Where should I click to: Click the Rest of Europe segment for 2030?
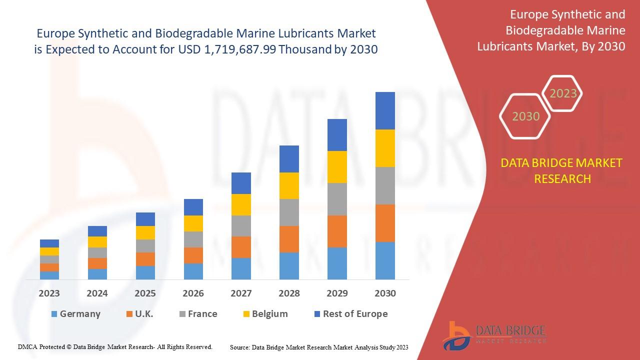[385, 110]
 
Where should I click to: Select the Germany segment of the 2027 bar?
[241, 268]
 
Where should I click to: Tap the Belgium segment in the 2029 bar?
[337, 167]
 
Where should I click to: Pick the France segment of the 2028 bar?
[289, 212]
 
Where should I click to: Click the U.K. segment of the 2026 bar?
[193, 255]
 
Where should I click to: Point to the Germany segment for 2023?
[49, 275]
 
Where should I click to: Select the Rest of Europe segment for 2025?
[145, 219]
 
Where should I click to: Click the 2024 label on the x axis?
[97, 293]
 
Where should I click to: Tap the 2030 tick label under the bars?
[385, 293]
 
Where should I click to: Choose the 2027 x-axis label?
[241, 293]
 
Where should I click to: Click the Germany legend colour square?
[54, 314]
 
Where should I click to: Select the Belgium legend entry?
[269, 314]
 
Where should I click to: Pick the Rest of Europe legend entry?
[355, 314]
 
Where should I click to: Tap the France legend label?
[202, 314]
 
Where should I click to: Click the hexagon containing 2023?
[563, 93]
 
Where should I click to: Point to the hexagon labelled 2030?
[525, 116]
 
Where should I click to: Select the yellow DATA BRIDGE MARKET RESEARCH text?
[562, 170]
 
